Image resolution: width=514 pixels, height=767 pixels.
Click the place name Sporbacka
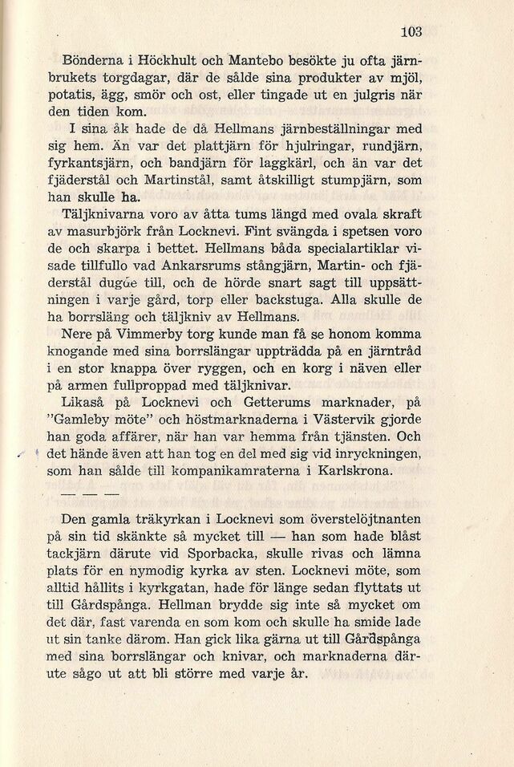click(229, 553)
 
